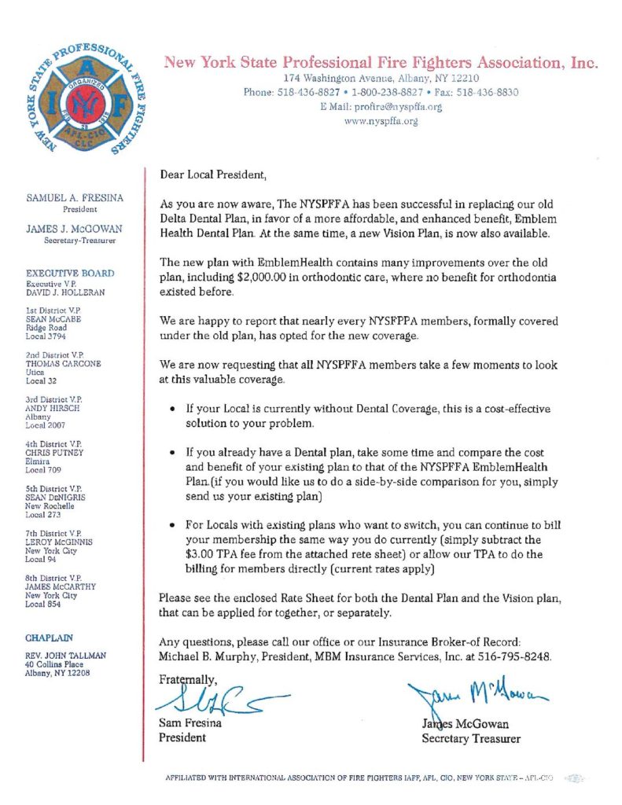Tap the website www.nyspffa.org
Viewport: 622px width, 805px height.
tap(381, 121)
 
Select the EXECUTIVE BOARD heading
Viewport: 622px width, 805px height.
tap(71, 273)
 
